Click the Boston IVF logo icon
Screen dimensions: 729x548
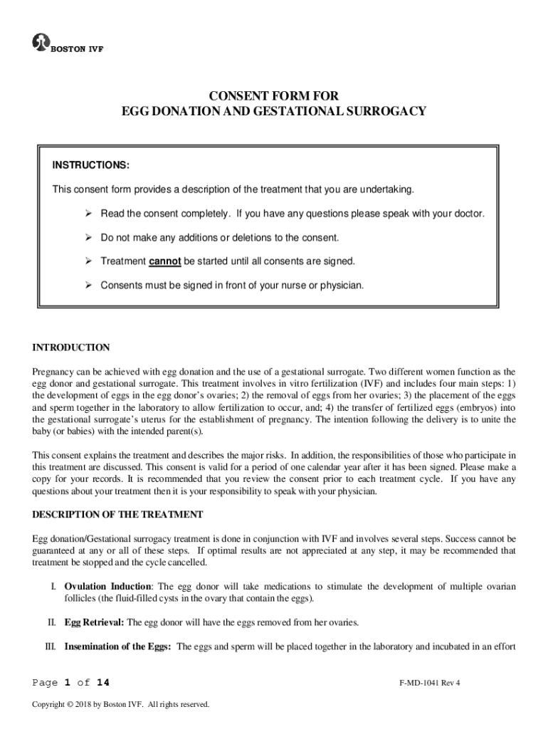[40, 42]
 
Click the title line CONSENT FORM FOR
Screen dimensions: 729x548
[274, 96]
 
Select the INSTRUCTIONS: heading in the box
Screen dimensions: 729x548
[90, 165]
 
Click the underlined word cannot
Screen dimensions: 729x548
[165, 261]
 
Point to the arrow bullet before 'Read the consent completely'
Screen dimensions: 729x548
[89, 214]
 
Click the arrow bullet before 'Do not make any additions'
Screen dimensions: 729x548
[89, 237]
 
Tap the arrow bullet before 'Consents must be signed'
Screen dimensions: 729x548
[89, 285]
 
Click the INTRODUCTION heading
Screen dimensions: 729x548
[71, 347]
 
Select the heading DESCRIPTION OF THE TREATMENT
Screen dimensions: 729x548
[118, 514]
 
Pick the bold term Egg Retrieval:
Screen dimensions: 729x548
[94, 622]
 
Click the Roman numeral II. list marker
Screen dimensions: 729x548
[52, 622]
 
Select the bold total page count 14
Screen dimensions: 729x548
[103, 683]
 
